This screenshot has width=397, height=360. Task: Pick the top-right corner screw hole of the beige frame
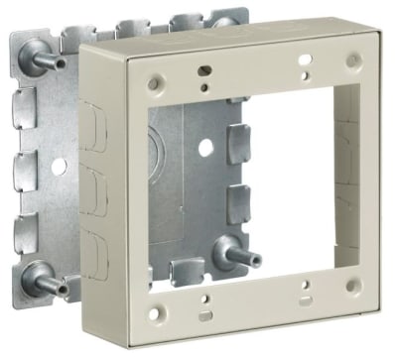[352, 61]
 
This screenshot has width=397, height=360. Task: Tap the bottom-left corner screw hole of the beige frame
[153, 315]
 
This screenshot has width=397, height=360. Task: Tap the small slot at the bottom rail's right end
[302, 302]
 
